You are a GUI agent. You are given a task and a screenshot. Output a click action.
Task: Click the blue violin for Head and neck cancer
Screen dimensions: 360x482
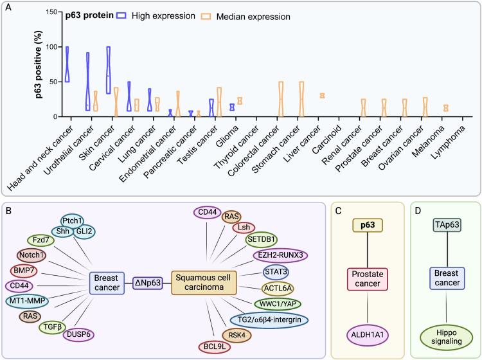coord(67,64)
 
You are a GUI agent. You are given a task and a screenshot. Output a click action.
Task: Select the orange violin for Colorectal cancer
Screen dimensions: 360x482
coord(280,99)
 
